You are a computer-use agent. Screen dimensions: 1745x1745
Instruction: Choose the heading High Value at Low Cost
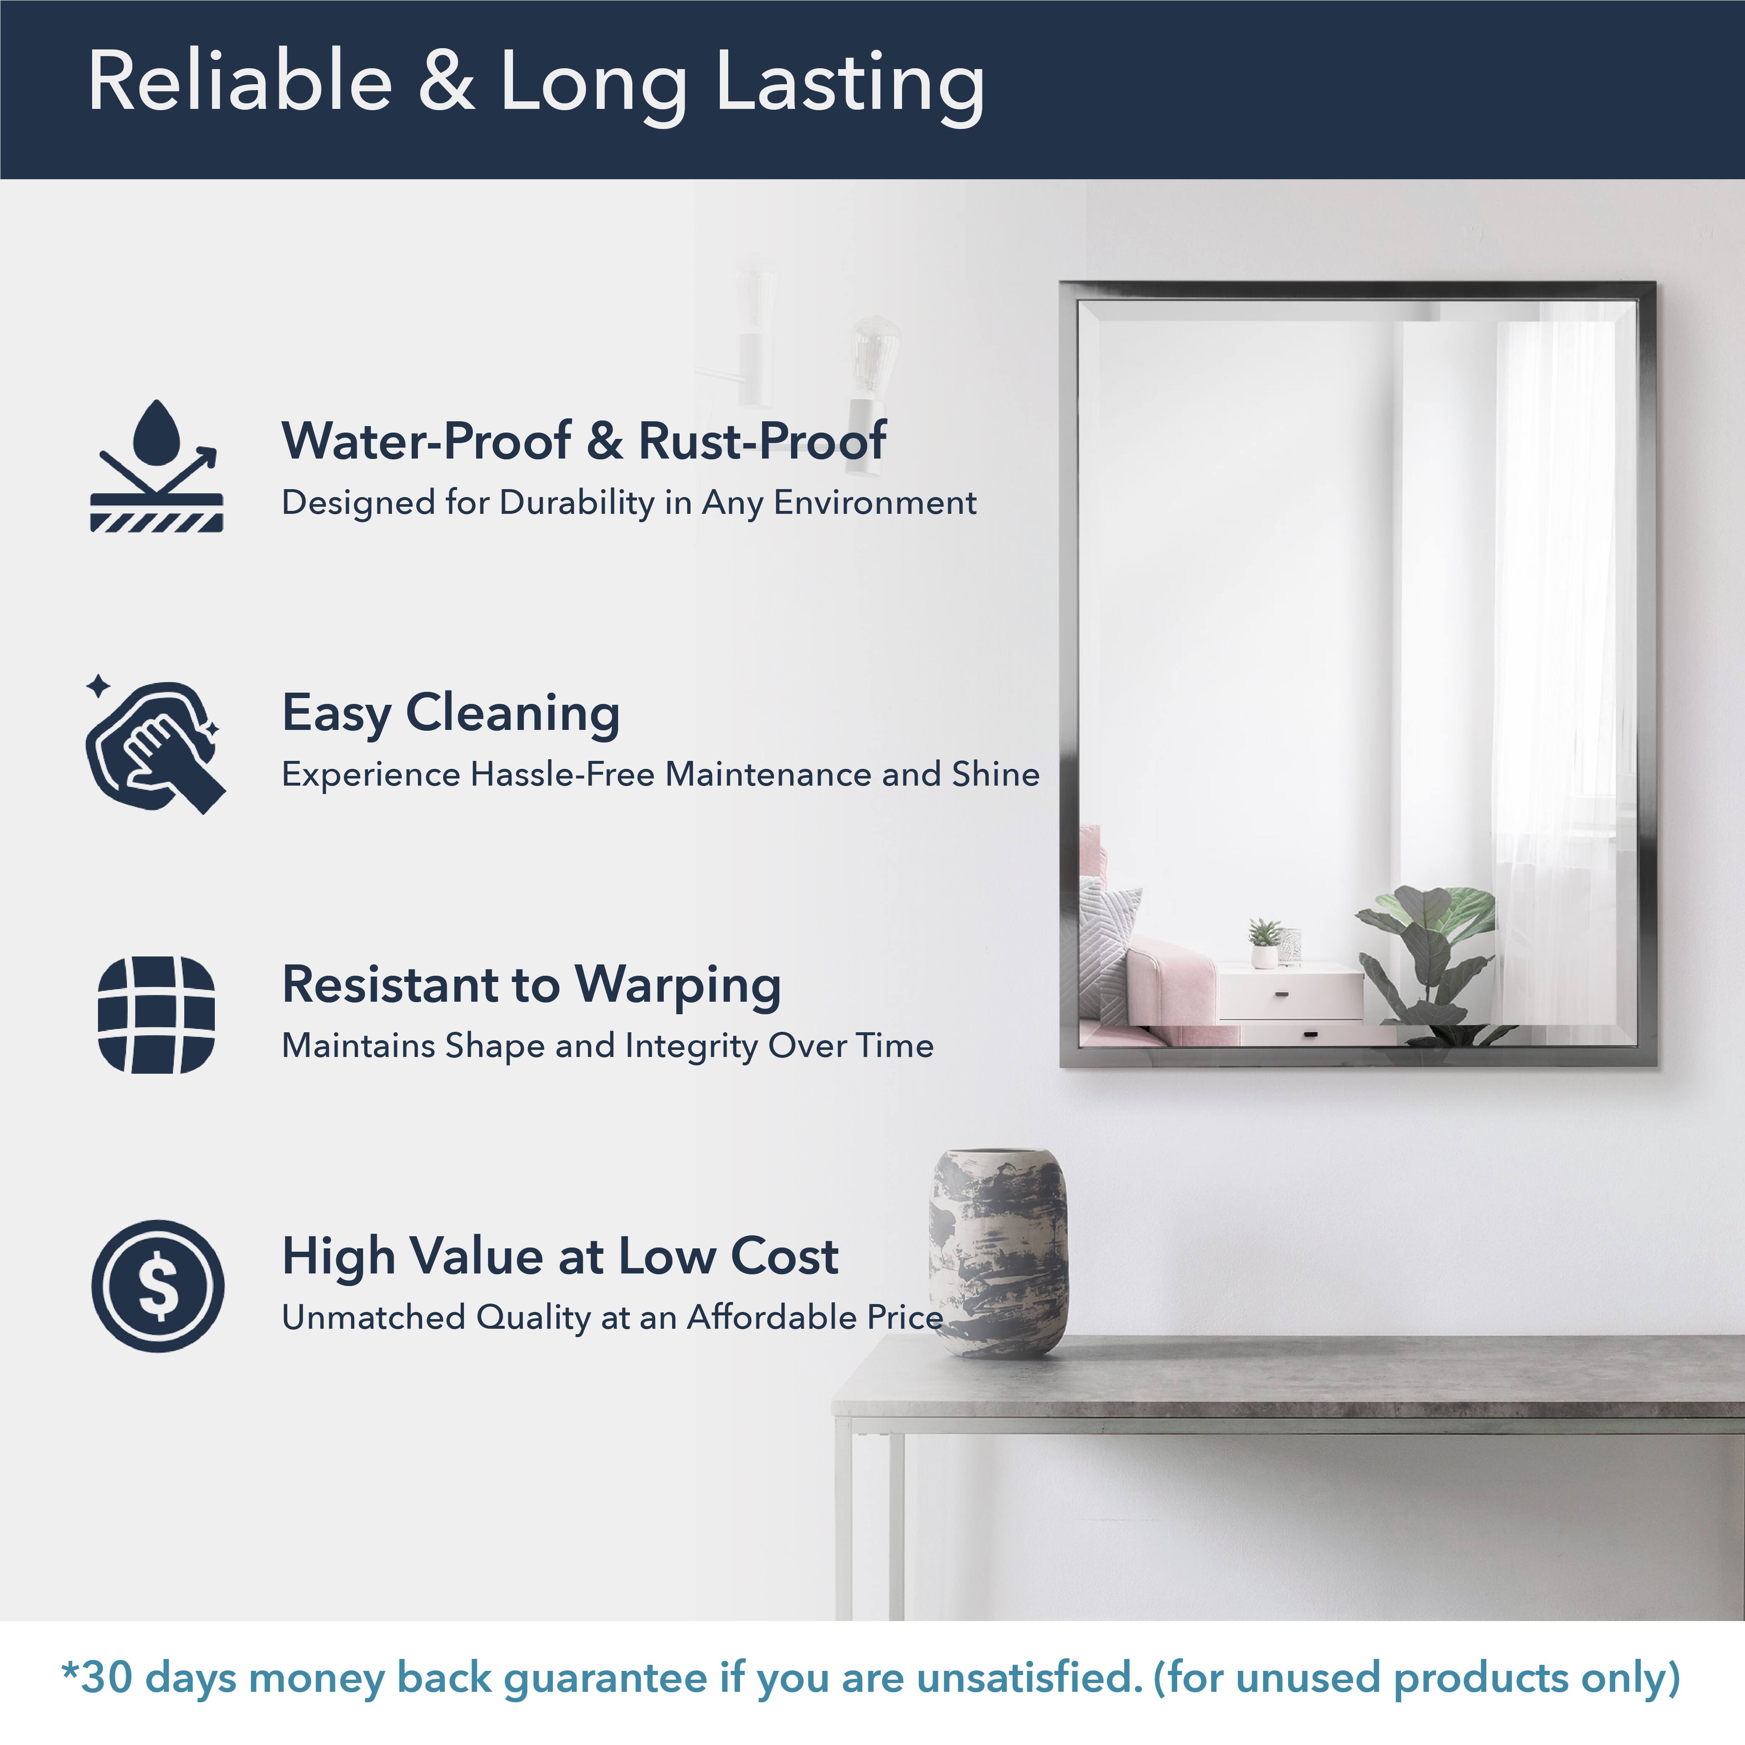[x=560, y=1256]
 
